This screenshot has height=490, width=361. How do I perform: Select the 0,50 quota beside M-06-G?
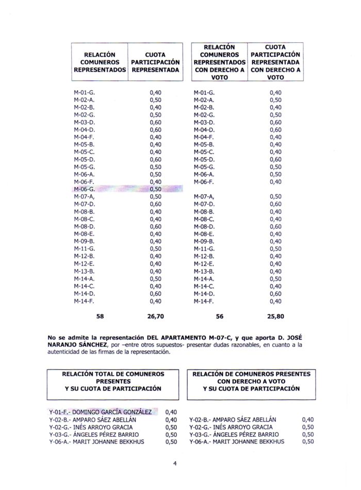[155, 189]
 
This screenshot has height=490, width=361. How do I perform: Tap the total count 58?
[100, 316]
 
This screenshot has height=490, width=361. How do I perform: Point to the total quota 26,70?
[155, 316]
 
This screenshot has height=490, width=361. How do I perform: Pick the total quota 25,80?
[275, 316]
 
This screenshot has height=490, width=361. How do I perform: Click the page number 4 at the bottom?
[175, 463]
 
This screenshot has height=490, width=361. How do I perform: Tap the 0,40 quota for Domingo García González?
[171, 412]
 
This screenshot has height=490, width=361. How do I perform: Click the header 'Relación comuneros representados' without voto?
[100, 61]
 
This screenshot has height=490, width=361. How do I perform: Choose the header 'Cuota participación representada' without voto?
[155, 61]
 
